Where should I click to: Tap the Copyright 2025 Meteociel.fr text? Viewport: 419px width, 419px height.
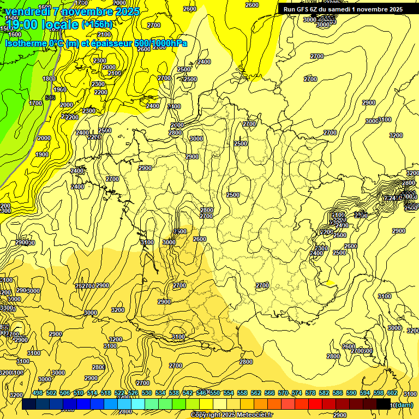231,415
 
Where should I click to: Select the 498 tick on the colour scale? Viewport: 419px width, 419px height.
38,393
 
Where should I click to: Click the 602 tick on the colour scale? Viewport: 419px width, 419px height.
392,393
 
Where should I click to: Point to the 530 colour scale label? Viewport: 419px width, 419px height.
147,393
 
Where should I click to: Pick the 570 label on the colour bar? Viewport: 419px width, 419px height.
283,393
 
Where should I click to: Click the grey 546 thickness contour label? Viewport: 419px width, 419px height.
50,98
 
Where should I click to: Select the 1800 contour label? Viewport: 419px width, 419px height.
49,79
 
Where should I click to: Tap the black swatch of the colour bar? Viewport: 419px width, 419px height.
384,404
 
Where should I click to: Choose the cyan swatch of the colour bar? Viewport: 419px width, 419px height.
138,404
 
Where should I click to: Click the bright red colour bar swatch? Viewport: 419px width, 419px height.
315,404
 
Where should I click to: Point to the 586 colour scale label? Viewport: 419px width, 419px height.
338,393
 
